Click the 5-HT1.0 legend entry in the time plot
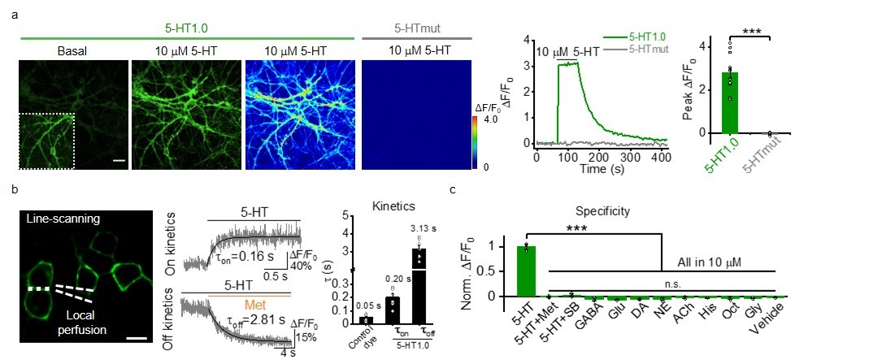(x=649, y=37)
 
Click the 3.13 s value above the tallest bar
(x=420, y=228)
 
